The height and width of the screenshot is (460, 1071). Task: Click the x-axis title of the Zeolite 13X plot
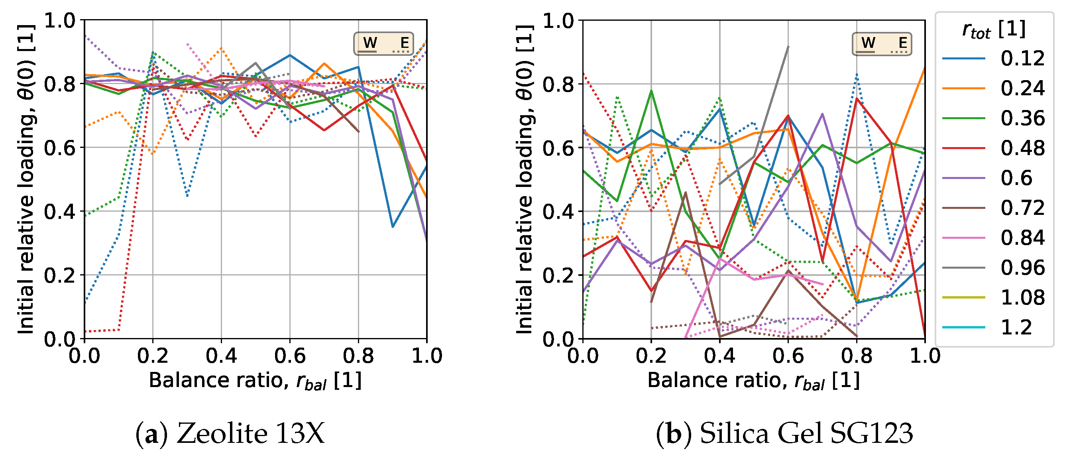(255, 381)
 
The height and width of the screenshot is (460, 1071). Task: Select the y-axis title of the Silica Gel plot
(525, 179)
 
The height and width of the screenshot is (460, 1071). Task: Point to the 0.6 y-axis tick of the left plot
(60, 147)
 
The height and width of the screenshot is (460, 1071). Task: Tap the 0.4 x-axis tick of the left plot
(221, 356)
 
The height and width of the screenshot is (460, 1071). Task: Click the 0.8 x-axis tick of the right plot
(857, 356)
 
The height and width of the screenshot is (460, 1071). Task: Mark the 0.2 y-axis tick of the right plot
(558, 275)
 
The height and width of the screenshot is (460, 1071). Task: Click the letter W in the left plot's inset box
(370, 42)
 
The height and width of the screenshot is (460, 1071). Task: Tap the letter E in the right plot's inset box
(903, 42)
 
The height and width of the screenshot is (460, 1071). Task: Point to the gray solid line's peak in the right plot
(788, 47)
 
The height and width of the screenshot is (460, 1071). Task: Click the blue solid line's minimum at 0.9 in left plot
(393, 227)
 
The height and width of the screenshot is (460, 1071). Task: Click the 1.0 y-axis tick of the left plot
(60, 20)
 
